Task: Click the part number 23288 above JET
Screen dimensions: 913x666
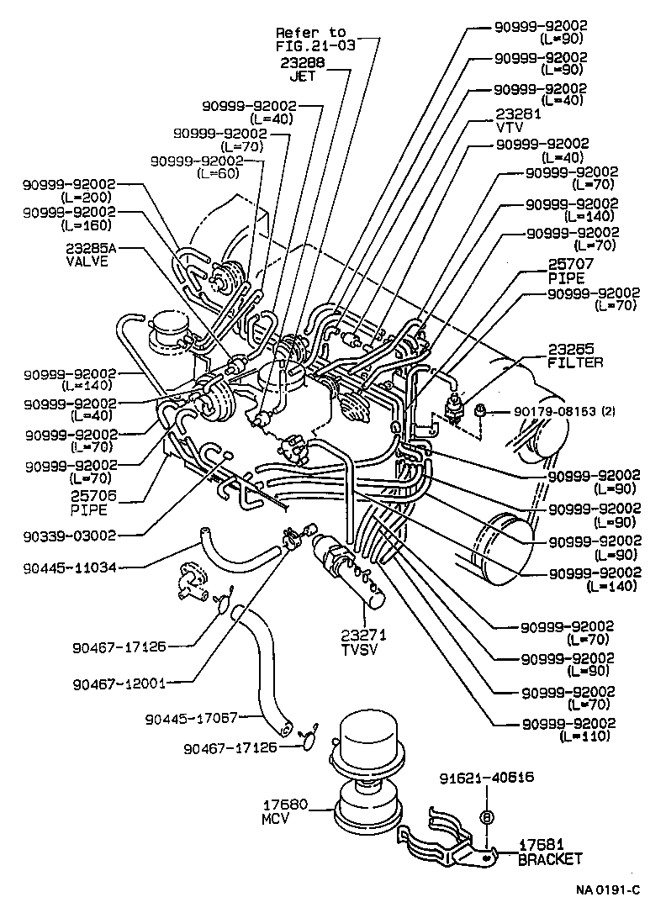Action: point(300,62)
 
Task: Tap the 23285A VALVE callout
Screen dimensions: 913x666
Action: point(88,255)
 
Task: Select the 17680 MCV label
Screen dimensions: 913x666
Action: point(286,811)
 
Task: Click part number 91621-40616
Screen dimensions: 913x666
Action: point(485,778)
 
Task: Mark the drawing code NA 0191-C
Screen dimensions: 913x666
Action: point(607,890)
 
